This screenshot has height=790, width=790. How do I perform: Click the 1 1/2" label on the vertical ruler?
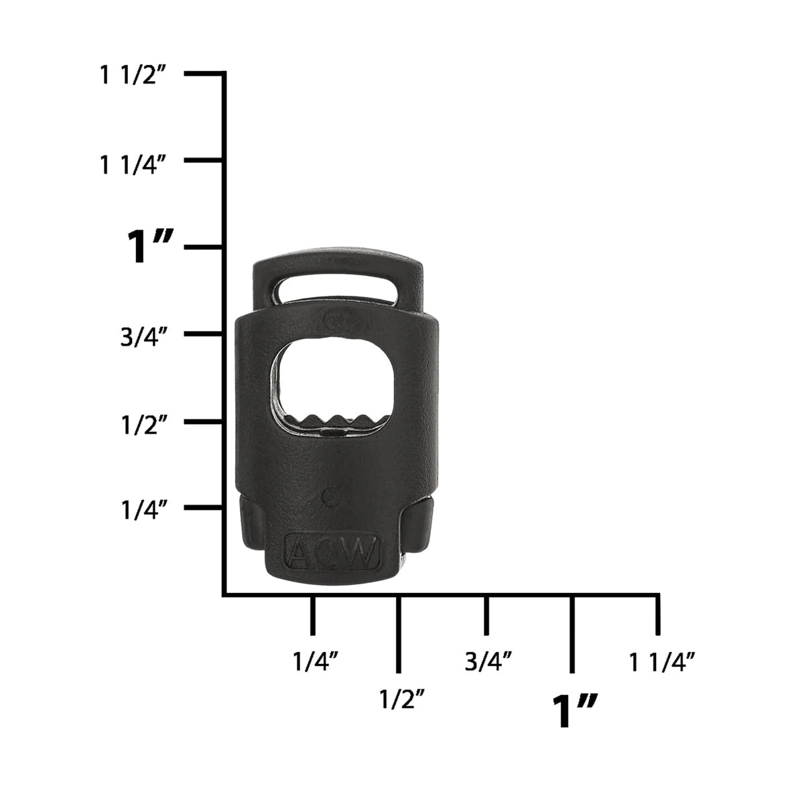pos(132,76)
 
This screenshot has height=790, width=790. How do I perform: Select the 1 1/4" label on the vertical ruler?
pos(132,164)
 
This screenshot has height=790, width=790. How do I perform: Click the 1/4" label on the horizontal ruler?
pos(315,662)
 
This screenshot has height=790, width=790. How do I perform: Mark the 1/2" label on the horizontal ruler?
pos(402,700)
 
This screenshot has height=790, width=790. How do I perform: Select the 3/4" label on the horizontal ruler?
pos(488,662)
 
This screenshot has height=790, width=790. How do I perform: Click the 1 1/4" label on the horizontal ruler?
pos(661,663)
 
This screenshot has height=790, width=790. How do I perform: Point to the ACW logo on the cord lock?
pos(333,551)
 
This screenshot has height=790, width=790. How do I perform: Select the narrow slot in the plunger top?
pos(338,285)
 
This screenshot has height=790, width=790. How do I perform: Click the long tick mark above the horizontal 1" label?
pos(572,633)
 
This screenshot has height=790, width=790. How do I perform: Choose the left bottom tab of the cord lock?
pos(251,525)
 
